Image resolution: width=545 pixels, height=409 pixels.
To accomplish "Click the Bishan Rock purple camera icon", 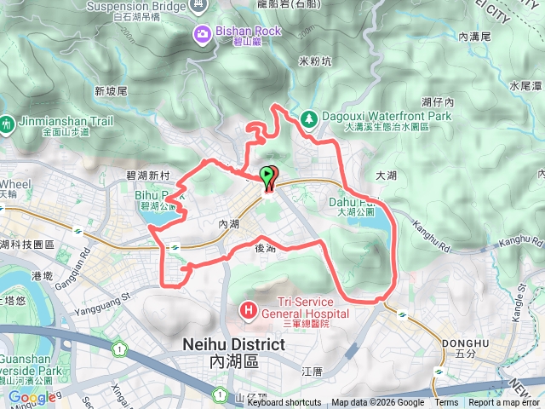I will (203, 34).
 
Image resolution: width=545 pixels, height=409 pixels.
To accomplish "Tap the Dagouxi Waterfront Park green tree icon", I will (309, 118).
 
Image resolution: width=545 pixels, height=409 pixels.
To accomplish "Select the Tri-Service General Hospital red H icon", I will (249, 308).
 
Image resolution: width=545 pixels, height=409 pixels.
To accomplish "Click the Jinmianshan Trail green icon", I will (8, 123).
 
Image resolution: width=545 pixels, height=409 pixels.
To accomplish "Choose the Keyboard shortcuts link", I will (284, 403).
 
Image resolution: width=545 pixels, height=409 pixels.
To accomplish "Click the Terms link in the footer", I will (446, 403).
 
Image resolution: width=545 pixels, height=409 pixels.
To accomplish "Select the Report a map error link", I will (504, 403).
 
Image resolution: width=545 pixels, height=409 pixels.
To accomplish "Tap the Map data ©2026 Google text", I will (377, 403).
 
